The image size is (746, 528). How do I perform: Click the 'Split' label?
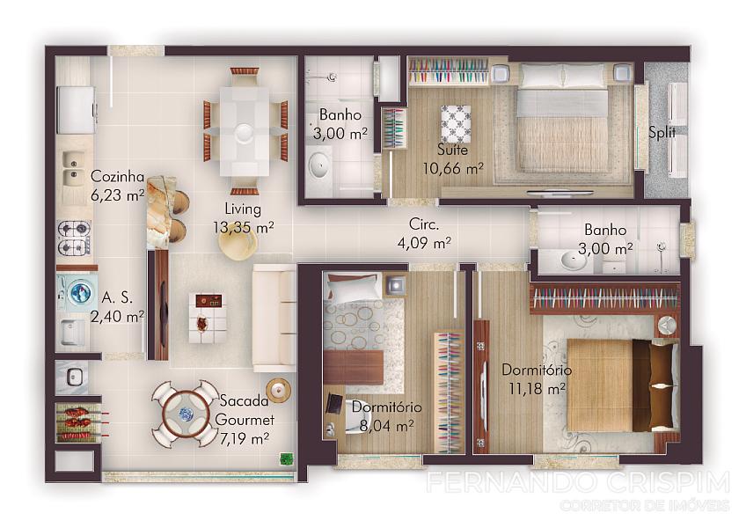point(662,132)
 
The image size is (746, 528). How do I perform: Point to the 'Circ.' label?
point(424,224)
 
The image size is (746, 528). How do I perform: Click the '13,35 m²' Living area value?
point(243,228)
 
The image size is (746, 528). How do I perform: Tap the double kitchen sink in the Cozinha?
point(72,170)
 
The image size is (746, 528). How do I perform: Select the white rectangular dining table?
point(244,131)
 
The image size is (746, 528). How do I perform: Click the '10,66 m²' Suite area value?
point(453,168)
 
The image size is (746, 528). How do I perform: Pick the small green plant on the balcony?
point(286,458)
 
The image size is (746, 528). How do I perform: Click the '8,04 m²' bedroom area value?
point(386,426)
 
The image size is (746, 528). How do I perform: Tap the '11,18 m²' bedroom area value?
point(538,389)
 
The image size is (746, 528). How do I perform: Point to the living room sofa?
point(274,318)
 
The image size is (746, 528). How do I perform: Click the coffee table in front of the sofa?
point(206,318)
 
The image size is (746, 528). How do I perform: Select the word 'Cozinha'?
point(117,177)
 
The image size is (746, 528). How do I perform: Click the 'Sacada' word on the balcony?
point(244,401)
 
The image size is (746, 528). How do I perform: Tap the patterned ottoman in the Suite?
point(456,124)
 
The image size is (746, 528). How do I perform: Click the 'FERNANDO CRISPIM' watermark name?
point(577,482)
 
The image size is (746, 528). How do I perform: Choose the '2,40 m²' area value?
point(117,316)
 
